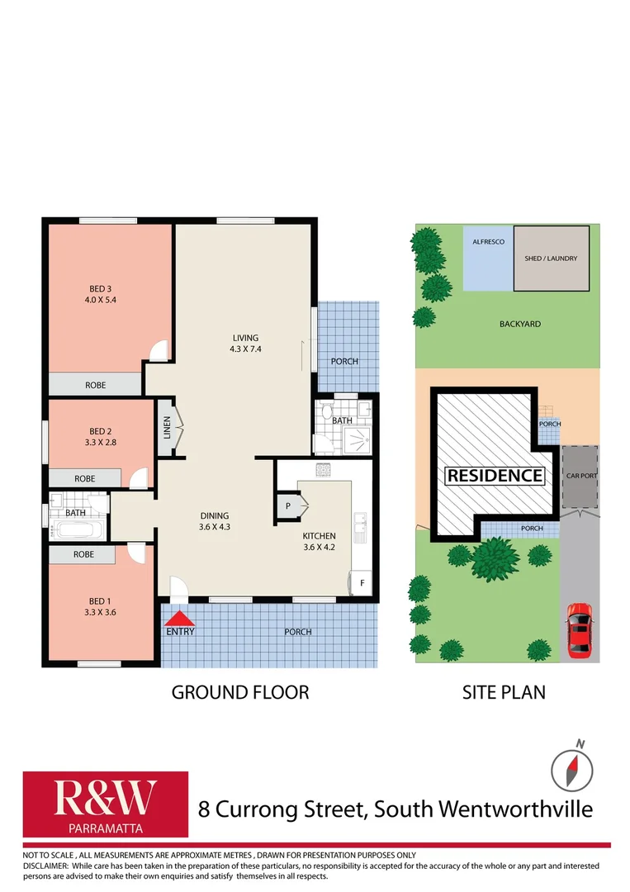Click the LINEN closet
(x=165, y=428)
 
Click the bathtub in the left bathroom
(x=76, y=529)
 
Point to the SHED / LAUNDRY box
(x=551, y=259)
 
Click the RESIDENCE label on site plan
(x=495, y=476)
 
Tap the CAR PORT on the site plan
(x=580, y=477)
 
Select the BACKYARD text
(x=520, y=324)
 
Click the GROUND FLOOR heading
(x=239, y=692)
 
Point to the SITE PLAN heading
(x=504, y=692)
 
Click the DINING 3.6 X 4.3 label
(x=213, y=521)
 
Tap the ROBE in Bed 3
(x=95, y=385)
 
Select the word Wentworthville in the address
(x=510, y=809)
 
